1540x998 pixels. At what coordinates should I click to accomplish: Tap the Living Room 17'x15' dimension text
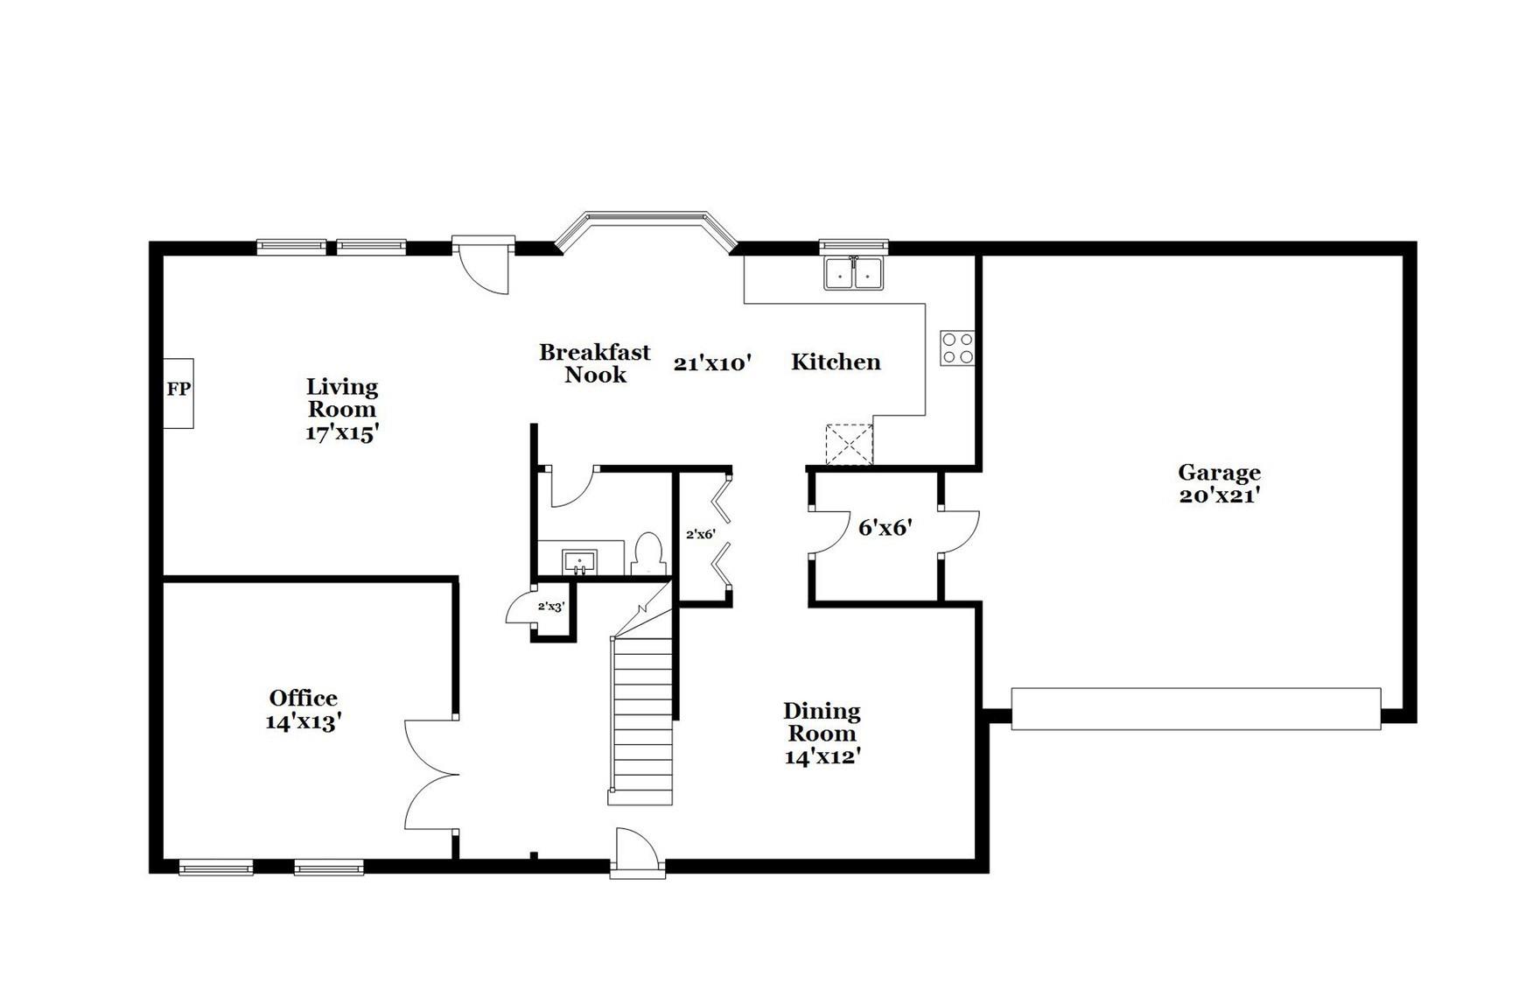pyautogui.click(x=341, y=432)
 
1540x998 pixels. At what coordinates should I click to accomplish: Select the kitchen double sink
pyautogui.click(x=853, y=273)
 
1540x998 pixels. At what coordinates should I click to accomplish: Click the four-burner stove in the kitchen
pyautogui.click(x=957, y=348)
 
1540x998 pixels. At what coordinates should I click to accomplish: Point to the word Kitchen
pyautogui.click(x=836, y=362)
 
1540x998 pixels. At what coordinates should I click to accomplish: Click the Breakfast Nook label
pyautogui.click(x=595, y=363)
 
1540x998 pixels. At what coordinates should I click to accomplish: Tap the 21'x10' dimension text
pyautogui.click(x=713, y=363)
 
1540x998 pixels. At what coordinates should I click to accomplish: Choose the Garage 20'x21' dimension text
pyautogui.click(x=1219, y=495)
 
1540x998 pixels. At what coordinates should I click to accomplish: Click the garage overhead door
pyautogui.click(x=1195, y=709)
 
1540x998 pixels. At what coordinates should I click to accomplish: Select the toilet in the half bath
pyautogui.click(x=648, y=553)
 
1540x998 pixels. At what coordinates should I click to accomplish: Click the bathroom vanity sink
pyautogui.click(x=579, y=560)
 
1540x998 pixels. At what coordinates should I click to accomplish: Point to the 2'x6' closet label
pyautogui.click(x=700, y=534)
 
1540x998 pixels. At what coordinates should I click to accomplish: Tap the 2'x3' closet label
pyautogui.click(x=551, y=606)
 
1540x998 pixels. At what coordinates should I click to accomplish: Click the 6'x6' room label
pyautogui.click(x=885, y=528)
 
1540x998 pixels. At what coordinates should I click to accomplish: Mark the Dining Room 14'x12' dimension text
pyautogui.click(x=822, y=757)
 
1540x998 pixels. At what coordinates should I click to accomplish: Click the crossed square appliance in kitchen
pyautogui.click(x=850, y=444)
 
